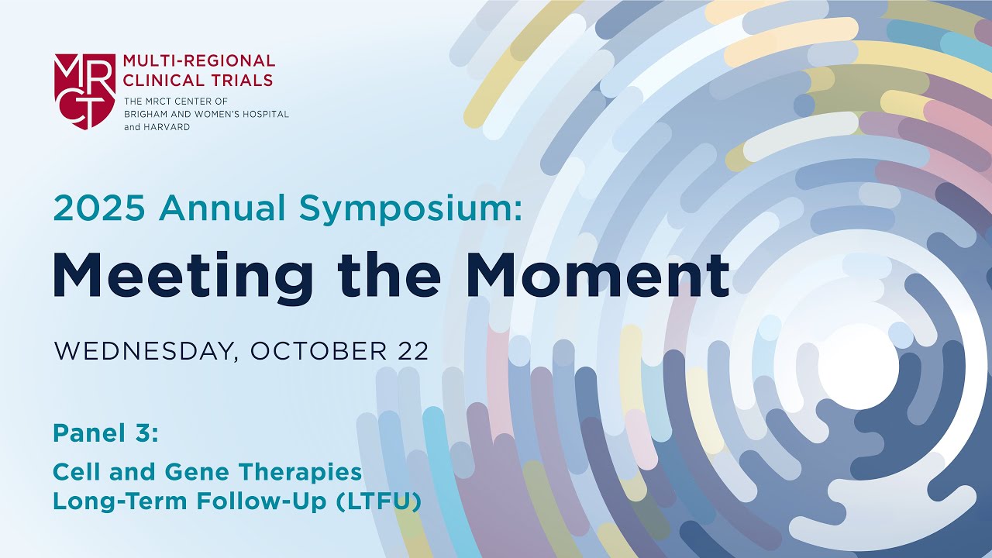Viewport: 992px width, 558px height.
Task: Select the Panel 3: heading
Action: point(105,434)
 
